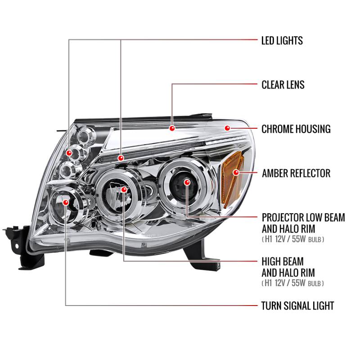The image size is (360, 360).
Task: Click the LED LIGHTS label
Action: point(282,40)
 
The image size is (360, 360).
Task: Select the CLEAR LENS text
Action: point(283,85)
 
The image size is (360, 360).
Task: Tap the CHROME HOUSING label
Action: point(296,129)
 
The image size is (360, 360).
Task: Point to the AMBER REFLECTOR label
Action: point(296,173)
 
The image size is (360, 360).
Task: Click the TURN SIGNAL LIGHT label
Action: point(297,306)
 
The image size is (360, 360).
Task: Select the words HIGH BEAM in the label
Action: point(283,261)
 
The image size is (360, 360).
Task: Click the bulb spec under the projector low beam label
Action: point(292,239)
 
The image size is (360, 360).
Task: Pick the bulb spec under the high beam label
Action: point(292,283)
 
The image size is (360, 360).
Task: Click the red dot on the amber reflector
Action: point(235,172)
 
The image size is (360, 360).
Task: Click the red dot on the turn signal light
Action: point(66,203)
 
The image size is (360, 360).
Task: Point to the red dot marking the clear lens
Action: point(172,128)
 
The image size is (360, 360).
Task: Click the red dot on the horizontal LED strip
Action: point(121,158)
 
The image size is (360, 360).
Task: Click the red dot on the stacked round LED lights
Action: point(69,153)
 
